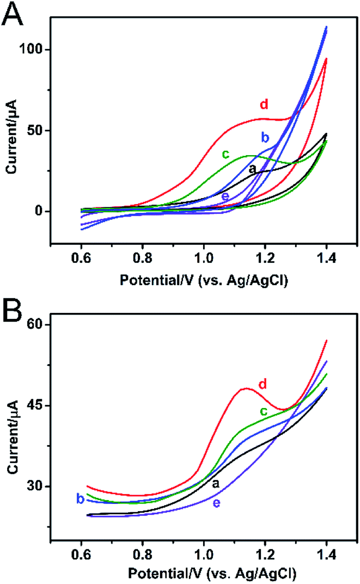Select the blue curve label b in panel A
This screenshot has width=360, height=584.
point(266,136)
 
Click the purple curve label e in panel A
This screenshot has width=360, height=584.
point(225,196)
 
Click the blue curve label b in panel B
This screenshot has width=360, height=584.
point(80,499)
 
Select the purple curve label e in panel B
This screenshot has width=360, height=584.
point(216,503)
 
